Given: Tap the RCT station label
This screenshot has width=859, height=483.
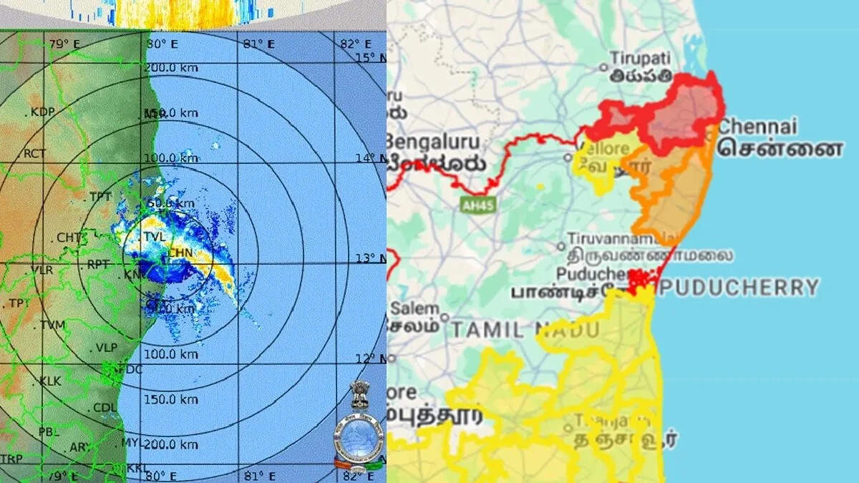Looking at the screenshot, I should point(34,154).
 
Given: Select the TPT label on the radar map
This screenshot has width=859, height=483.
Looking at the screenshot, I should point(101,197).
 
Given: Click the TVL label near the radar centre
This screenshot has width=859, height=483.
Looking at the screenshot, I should point(154,236).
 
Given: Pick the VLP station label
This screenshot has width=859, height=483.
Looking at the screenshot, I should point(107,348).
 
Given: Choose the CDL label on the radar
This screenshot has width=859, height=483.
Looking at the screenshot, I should point(105,408).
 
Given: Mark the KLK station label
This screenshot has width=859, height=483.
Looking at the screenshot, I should point(51,381).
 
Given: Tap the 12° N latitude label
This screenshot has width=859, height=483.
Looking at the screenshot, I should point(372,358).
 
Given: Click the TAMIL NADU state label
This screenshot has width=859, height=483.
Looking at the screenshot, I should point(524,330).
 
